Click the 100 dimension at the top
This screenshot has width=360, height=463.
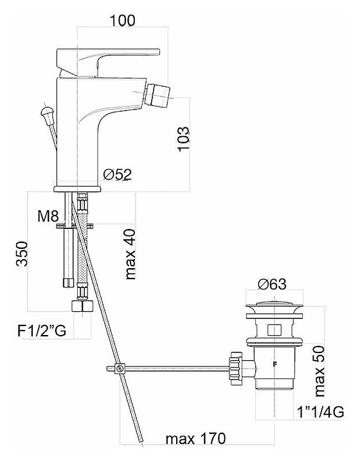(x=122, y=21)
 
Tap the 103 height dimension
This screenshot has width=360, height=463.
(x=184, y=139)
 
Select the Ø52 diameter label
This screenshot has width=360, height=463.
(x=118, y=174)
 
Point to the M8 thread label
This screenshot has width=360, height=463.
(x=48, y=217)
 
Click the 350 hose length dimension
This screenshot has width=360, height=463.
(x=22, y=253)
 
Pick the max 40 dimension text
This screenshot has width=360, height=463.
(x=130, y=254)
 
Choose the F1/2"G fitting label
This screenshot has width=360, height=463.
(x=42, y=331)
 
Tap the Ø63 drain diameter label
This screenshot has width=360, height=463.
(x=272, y=284)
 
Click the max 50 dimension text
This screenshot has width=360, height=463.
(x=319, y=371)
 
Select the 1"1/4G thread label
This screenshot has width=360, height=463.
(x=320, y=412)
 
